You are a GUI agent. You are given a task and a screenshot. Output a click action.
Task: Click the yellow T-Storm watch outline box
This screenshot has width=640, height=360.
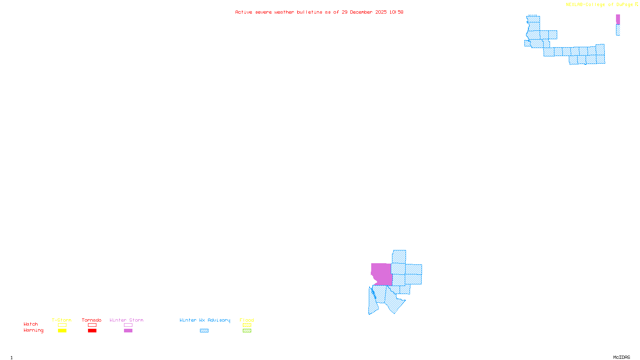tap(62, 325)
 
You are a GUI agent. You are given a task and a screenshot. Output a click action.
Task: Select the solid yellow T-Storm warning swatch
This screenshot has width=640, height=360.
tap(62, 331)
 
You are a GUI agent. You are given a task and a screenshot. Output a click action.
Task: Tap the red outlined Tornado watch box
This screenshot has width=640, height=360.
tap(92, 325)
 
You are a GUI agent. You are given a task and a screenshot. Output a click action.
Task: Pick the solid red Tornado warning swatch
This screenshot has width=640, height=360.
tap(92, 331)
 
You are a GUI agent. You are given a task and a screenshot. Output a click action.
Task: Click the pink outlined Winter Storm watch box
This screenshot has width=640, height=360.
tap(128, 325)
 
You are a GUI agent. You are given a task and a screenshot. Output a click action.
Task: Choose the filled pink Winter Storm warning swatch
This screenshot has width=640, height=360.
tap(128, 331)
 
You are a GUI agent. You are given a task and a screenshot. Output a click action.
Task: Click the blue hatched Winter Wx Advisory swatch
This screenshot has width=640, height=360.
tap(204, 331)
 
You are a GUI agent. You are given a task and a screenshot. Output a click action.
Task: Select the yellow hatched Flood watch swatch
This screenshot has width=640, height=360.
tap(247, 325)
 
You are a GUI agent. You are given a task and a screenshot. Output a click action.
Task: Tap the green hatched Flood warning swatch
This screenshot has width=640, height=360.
tap(247, 331)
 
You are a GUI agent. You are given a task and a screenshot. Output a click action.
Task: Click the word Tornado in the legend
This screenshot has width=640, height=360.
tap(92, 320)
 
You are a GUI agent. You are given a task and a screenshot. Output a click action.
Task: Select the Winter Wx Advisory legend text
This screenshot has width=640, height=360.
tap(205, 320)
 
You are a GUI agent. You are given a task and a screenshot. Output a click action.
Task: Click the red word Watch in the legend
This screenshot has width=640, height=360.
tap(31, 324)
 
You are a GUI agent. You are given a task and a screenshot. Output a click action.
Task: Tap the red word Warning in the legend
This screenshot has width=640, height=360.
tap(34, 330)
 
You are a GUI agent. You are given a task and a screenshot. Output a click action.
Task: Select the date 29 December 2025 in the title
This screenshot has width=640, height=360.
tap(364, 12)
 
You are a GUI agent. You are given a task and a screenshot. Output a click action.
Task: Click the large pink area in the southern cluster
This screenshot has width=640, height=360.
tap(382, 274)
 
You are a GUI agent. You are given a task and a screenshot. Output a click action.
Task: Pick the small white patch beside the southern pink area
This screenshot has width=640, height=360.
tap(373, 281)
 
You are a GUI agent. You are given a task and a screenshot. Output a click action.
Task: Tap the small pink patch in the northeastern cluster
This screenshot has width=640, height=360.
tap(618, 19)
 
